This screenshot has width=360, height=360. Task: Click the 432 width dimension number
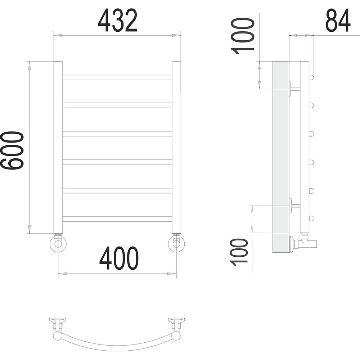click(118, 21)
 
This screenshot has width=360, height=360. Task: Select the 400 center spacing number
click(119, 258)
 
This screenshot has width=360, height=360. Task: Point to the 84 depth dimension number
click(338, 21)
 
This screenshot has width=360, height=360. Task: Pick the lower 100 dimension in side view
click(239, 252)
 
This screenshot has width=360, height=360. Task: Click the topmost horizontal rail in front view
click(117, 78)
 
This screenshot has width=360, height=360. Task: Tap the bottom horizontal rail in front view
click(117, 219)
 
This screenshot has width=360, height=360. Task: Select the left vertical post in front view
click(58, 147)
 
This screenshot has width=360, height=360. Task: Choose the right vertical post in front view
click(176, 147)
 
